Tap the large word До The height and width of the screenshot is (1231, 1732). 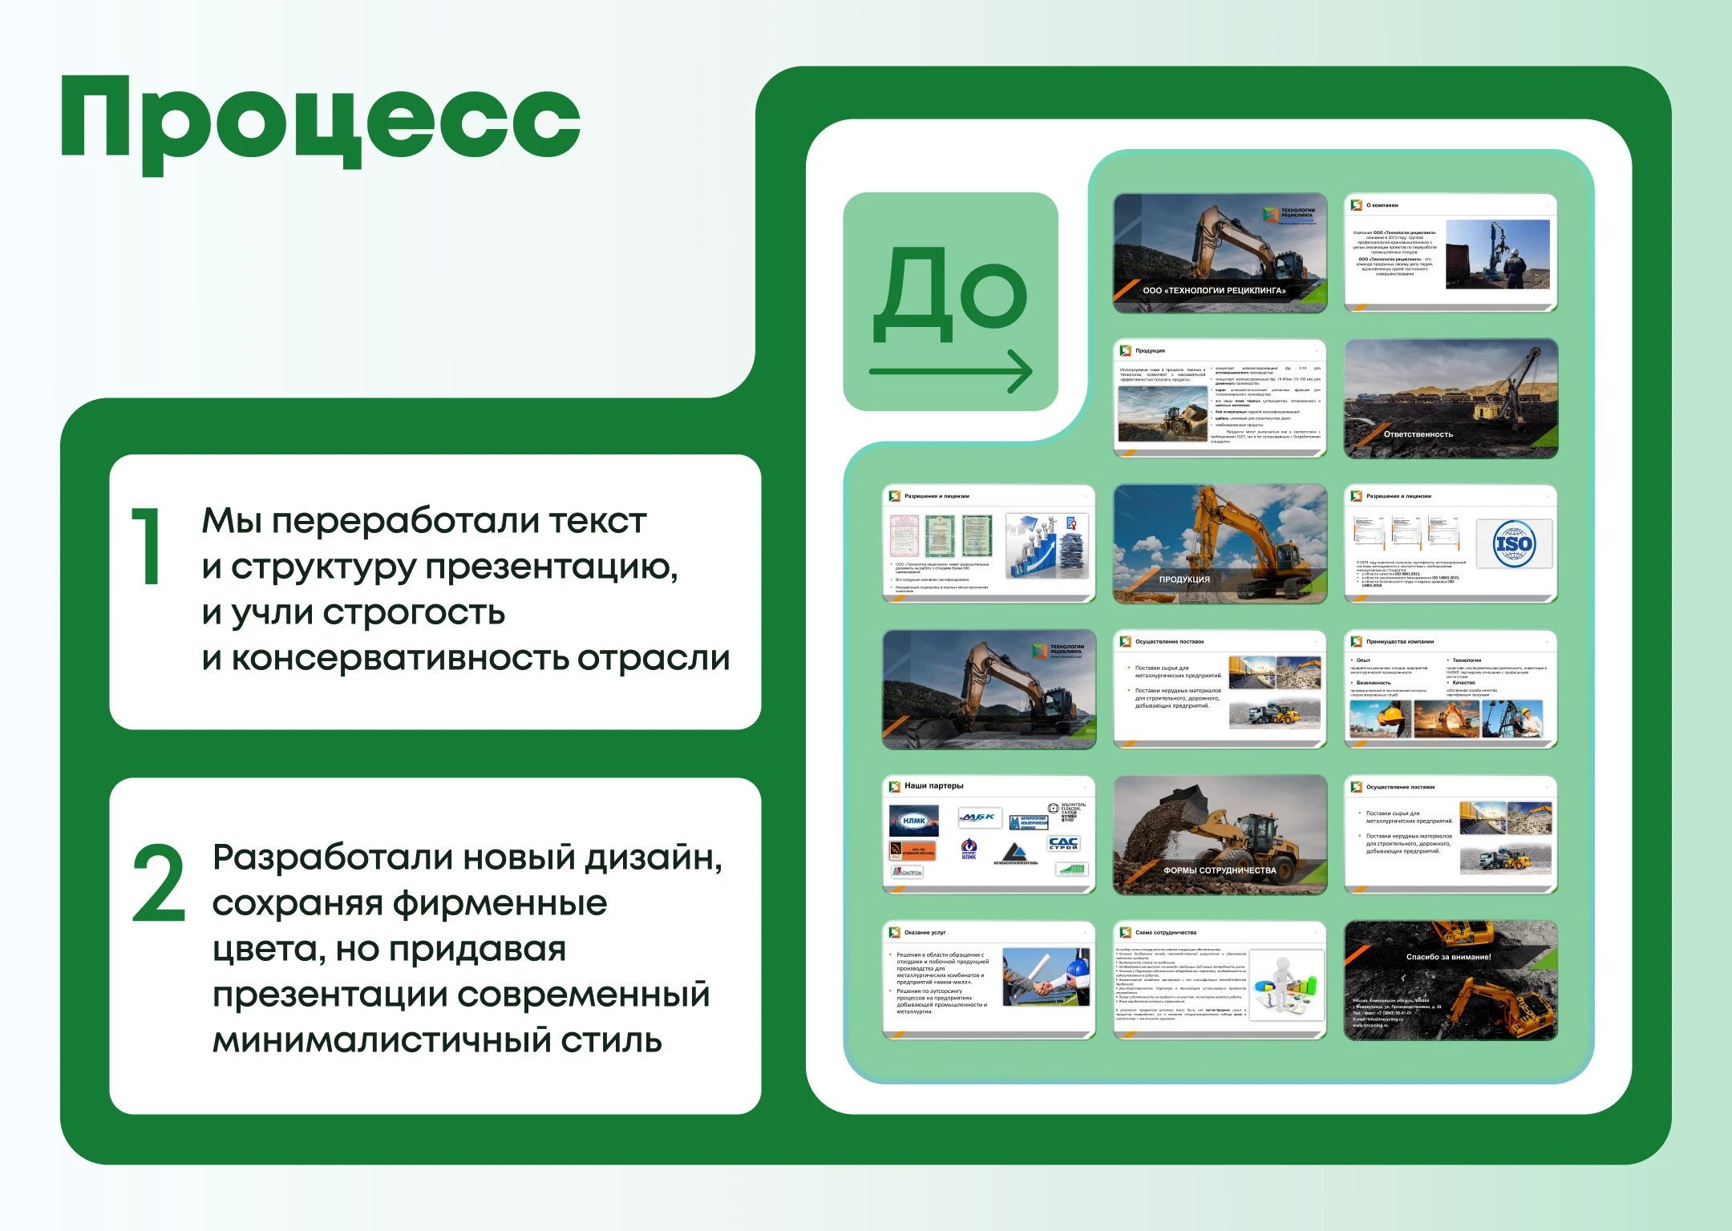click(x=950, y=293)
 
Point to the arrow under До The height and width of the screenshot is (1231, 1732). click(x=950, y=371)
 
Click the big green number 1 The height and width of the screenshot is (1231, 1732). click(x=148, y=547)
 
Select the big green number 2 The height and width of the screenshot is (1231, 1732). click(x=159, y=884)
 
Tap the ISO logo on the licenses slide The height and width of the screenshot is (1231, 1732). click(x=1513, y=544)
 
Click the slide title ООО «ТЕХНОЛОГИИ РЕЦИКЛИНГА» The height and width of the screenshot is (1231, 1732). click(x=1214, y=291)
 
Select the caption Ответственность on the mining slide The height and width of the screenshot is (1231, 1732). click(x=1418, y=434)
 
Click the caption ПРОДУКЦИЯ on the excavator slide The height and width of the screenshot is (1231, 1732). click(x=1184, y=579)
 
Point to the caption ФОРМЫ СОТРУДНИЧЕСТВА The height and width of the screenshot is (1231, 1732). click(x=1220, y=870)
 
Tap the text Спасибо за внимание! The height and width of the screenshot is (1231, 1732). click(x=1448, y=957)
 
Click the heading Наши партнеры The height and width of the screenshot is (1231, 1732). click(x=933, y=786)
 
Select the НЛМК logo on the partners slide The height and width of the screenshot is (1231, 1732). click(x=914, y=821)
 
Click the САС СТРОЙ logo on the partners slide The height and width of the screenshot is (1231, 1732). click(x=1063, y=843)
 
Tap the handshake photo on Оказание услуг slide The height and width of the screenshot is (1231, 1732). click(x=1046, y=977)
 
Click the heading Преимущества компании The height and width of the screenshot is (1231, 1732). click(x=1399, y=642)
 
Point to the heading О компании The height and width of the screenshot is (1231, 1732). click(x=1382, y=205)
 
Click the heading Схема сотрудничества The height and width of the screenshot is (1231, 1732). click(x=1165, y=933)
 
